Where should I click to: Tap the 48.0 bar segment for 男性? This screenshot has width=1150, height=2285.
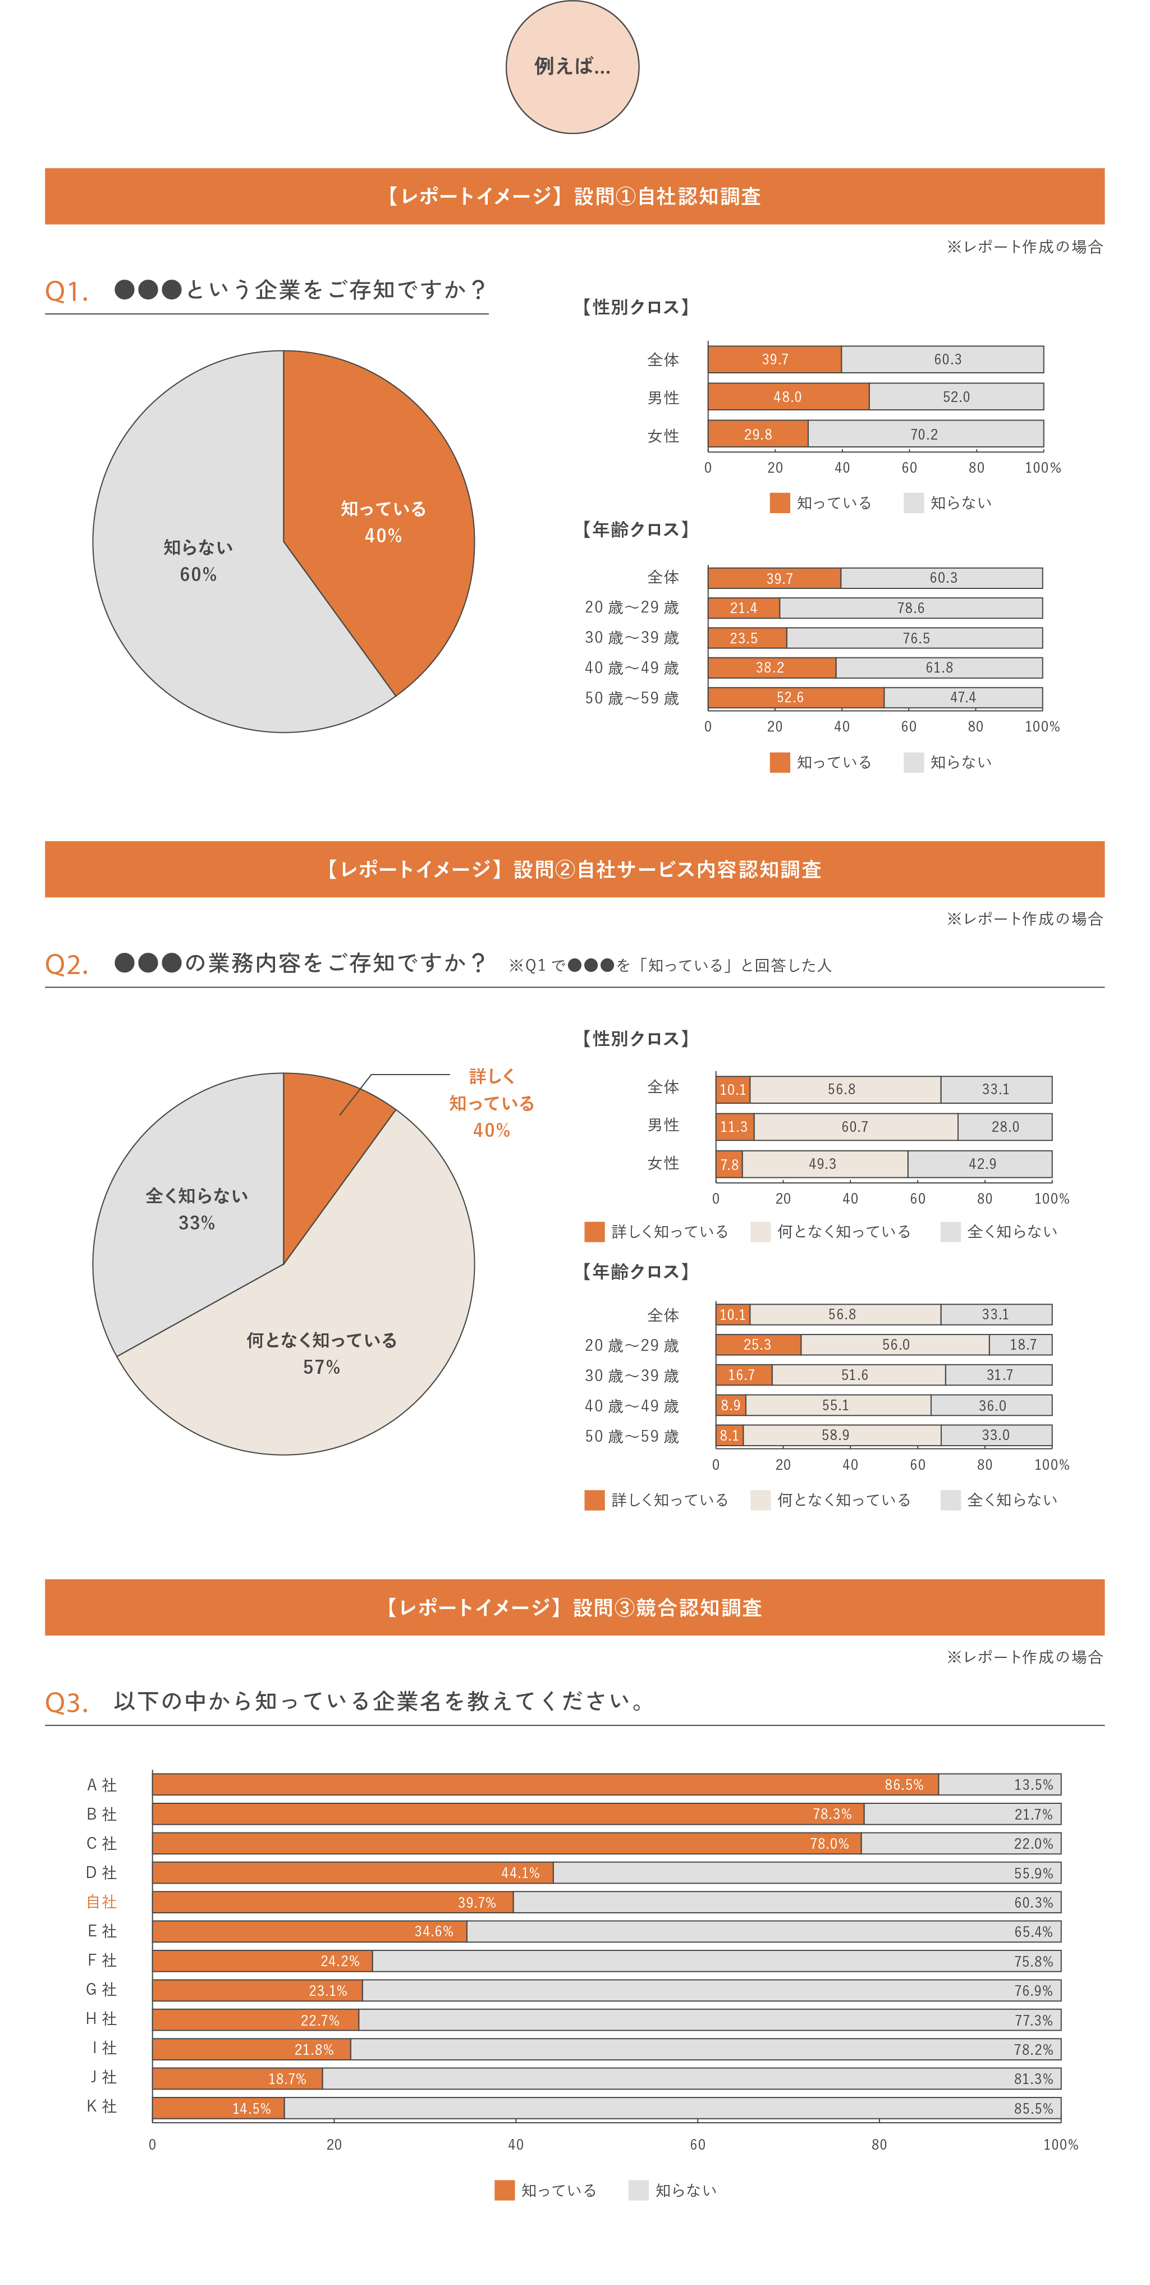(787, 396)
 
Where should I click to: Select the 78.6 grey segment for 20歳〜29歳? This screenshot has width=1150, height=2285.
(910, 607)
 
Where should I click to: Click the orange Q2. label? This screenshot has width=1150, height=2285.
(66, 964)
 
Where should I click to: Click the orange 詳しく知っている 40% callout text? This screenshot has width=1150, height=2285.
(491, 1103)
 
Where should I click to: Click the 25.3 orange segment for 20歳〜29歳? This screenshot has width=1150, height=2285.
(757, 1345)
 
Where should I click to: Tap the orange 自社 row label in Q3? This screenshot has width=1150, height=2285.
(101, 1902)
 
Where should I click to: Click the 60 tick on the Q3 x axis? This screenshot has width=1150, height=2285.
(698, 2144)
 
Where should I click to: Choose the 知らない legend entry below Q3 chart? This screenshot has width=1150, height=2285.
(674, 2190)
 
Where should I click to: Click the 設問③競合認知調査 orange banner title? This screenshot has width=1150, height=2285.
(575, 1607)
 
